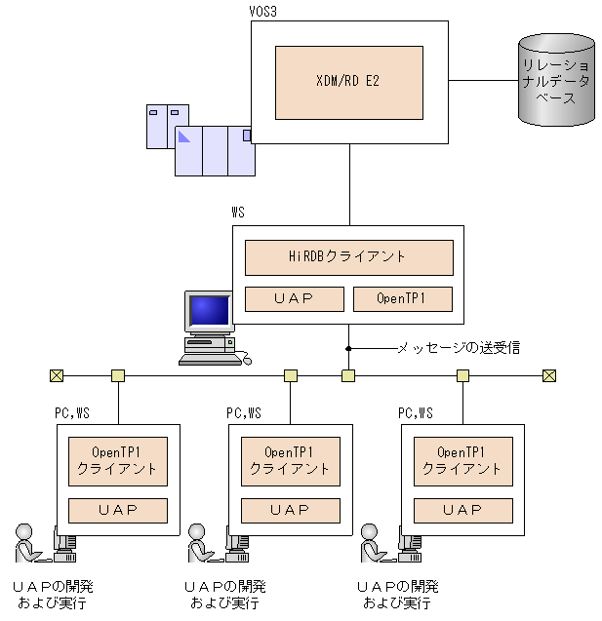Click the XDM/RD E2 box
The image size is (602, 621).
(349, 83)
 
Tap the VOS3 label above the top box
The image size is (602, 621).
(262, 12)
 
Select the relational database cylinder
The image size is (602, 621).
(556, 80)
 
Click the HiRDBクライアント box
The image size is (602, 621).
(349, 257)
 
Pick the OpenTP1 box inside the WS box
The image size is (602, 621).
(403, 299)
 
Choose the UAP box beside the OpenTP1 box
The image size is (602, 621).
(295, 299)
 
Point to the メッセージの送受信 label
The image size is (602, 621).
(459, 348)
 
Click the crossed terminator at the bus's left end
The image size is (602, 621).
(57, 375)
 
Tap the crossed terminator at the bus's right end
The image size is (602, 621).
(549, 375)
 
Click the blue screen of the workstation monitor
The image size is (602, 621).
(209, 310)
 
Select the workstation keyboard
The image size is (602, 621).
(210, 360)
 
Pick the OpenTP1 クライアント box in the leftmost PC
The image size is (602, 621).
(118, 461)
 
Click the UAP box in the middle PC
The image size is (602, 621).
(291, 511)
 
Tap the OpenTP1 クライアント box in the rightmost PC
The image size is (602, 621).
(463, 461)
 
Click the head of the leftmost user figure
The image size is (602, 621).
(23, 531)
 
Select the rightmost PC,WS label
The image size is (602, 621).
(416, 413)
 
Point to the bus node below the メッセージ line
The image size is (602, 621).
(348, 375)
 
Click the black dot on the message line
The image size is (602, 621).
(348, 349)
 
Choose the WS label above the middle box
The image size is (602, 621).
(238, 213)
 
